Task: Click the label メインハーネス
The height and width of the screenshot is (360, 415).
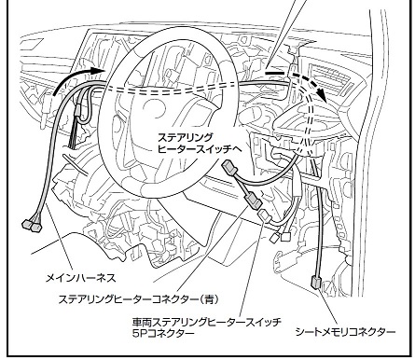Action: tap(81, 278)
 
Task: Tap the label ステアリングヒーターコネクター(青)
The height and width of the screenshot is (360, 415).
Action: tap(139, 299)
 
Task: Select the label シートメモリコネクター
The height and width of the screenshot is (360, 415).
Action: tap(345, 332)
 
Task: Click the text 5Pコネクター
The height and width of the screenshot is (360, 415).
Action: tap(163, 333)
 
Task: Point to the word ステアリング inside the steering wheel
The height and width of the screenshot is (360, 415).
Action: tap(186, 137)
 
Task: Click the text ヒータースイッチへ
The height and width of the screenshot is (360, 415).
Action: tap(200, 149)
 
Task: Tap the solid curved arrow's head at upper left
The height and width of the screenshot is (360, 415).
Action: tap(99, 70)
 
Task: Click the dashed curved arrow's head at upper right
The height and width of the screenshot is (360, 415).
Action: tap(322, 93)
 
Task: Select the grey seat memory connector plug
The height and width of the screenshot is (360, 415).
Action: tap(315, 283)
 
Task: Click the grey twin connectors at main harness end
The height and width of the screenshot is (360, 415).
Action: tap(32, 226)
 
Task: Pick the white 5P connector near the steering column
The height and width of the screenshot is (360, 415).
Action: tap(264, 215)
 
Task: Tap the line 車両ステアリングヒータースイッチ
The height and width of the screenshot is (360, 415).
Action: tap(207, 322)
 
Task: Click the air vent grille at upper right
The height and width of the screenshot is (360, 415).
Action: tap(334, 78)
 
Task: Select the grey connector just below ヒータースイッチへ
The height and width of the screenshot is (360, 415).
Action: tap(229, 169)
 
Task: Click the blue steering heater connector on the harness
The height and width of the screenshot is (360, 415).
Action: tap(254, 201)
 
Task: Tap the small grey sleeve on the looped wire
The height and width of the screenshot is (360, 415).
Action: tap(78, 111)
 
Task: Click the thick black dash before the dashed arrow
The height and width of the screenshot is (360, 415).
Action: tap(275, 73)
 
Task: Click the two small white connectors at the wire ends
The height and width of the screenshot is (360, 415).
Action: tap(281, 237)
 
